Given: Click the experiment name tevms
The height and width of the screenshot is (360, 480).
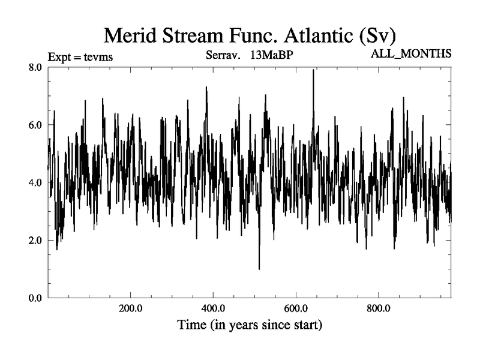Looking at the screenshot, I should [99, 58].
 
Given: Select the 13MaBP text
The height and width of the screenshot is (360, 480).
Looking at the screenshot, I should [271, 56].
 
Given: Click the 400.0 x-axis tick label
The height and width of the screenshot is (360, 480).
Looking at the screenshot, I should [213, 309].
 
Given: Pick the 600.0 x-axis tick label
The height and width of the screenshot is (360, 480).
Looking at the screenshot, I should [296, 309].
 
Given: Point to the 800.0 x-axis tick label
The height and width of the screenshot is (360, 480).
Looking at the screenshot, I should [379, 309].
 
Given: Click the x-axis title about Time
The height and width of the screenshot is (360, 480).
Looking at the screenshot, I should [250, 326].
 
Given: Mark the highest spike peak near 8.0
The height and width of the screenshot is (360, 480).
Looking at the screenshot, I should [313, 71].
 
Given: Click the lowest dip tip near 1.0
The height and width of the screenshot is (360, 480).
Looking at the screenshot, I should [259, 268].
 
